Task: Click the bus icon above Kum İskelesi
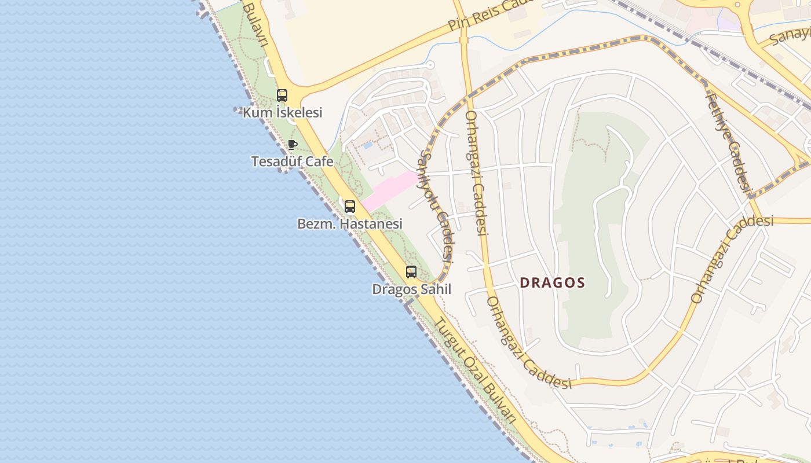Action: pyautogui.click(x=282, y=95)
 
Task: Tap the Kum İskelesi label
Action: pyautogui.click(x=282, y=112)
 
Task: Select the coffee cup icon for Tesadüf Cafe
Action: pyautogui.click(x=293, y=145)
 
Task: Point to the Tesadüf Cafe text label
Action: pyautogui.click(x=292, y=161)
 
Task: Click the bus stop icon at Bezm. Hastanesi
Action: pyautogui.click(x=350, y=207)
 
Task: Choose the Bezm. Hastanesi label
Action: pyautogui.click(x=349, y=223)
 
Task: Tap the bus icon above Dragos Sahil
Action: pyautogui.click(x=411, y=272)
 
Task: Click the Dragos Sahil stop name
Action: pyautogui.click(x=411, y=289)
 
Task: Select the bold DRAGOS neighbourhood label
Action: pyautogui.click(x=552, y=283)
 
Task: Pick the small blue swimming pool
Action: pyautogui.click(x=368, y=145)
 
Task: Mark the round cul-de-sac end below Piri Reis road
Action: pyautogui.click(x=429, y=65)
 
